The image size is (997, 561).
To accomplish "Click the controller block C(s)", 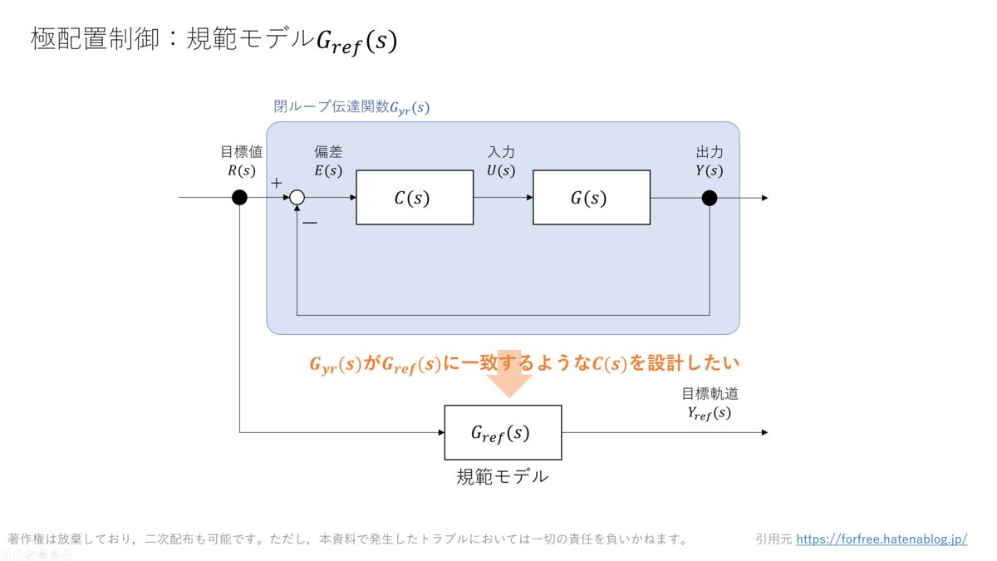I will pyautogui.click(x=415, y=198).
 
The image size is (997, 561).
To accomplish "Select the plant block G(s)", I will pyautogui.click(x=591, y=198).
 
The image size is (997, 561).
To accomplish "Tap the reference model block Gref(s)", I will pyautogui.click(x=503, y=432).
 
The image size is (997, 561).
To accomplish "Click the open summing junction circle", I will pyautogui.click(x=297, y=198).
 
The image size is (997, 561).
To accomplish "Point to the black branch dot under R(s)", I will pyautogui.click(x=239, y=198).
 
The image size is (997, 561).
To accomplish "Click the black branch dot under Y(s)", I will pyautogui.click(x=710, y=198).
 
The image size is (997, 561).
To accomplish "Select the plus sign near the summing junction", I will pyautogui.click(x=277, y=183).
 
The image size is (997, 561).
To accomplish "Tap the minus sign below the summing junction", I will pyautogui.click(x=309, y=223).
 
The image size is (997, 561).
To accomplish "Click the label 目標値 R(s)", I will pyautogui.click(x=242, y=161).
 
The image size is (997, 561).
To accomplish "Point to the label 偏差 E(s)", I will pyautogui.click(x=328, y=161).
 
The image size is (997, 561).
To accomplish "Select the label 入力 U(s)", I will pyautogui.click(x=501, y=161).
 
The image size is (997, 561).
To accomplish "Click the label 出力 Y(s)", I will pyautogui.click(x=710, y=161).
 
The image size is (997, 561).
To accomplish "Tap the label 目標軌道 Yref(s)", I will pyautogui.click(x=710, y=403).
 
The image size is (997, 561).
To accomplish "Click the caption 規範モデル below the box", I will pyautogui.click(x=503, y=476).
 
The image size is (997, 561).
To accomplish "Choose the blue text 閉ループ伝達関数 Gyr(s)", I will pyautogui.click(x=351, y=107).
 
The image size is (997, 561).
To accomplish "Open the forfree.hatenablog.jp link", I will pyautogui.click(x=882, y=539).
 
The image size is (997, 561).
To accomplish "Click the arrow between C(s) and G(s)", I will pyautogui.click(x=503, y=198).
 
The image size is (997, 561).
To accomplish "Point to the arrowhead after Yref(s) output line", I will pyautogui.click(x=764, y=432).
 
